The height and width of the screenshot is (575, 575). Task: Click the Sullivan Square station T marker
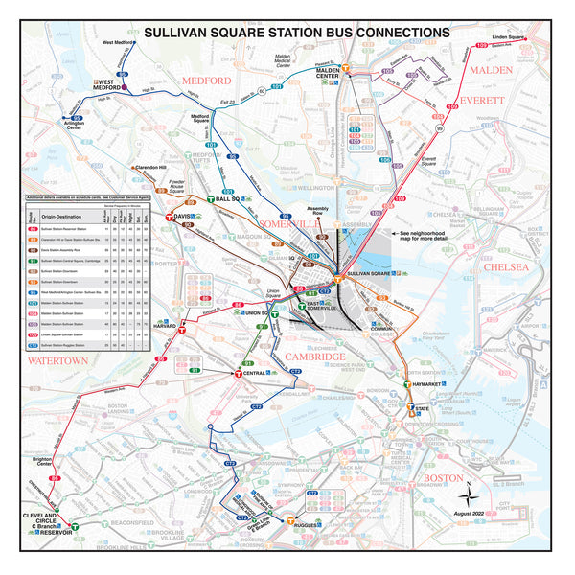click(338, 273)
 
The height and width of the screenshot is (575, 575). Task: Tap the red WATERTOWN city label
click(57, 360)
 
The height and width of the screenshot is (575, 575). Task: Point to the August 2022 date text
click(469, 515)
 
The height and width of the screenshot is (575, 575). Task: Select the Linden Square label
click(508, 37)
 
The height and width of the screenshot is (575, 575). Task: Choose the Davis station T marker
click(170, 218)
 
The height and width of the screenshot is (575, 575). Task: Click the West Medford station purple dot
click(126, 87)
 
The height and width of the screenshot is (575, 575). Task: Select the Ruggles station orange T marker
click(290, 521)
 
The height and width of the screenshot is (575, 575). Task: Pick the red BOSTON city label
click(443, 477)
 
